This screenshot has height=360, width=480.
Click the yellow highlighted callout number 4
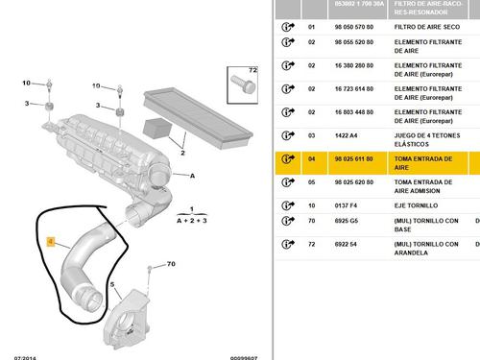[x=53, y=245]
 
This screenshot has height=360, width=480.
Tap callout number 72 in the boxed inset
[x=253, y=72]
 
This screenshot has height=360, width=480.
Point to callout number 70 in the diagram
[x=170, y=264]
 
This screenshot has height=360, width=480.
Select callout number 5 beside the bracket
[x=113, y=285]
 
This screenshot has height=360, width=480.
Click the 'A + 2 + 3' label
[x=191, y=219]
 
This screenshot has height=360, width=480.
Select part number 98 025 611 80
[x=353, y=158]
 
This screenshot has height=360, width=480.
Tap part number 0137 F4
[x=345, y=204]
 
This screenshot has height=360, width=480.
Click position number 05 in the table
[x=311, y=181]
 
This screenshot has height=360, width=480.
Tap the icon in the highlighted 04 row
[x=286, y=158]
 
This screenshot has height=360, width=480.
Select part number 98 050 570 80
[x=353, y=27]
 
